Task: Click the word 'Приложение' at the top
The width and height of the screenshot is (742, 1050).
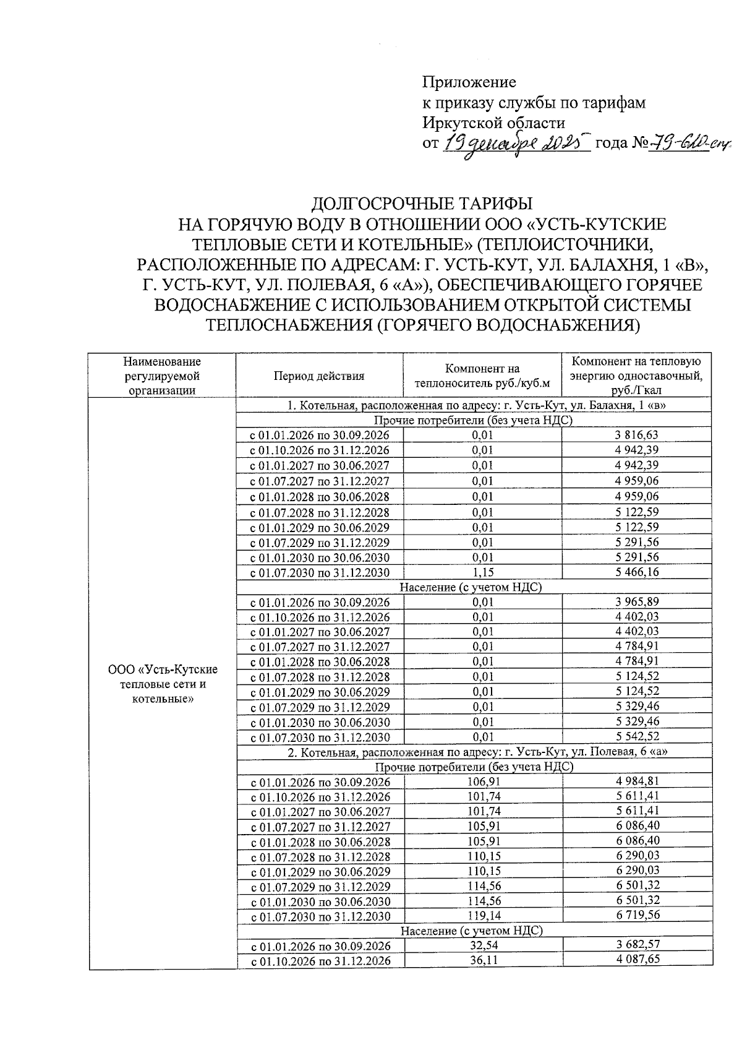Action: (469, 82)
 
